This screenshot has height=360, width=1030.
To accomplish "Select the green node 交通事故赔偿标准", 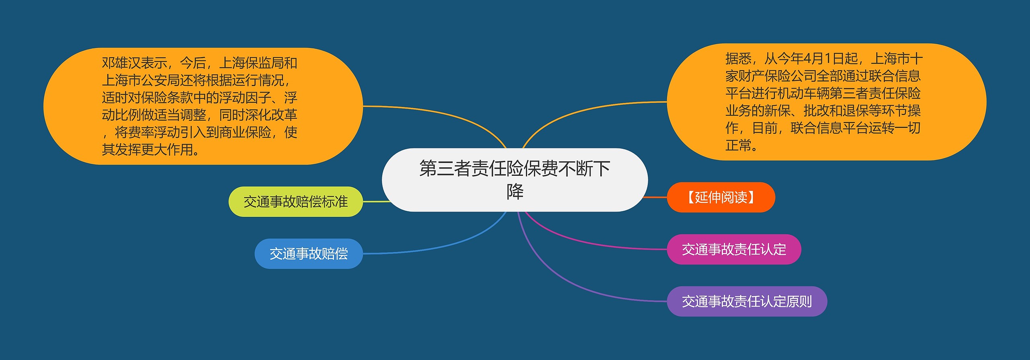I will (295, 202).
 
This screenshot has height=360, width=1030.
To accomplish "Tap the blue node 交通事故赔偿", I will (309, 254).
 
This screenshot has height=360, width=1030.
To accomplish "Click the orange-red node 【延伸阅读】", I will (721, 197).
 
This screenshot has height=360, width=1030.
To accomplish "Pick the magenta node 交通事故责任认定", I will (734, 249).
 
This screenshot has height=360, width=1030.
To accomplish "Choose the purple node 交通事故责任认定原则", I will (747, 301).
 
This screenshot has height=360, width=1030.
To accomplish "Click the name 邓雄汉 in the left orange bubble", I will (121, 63).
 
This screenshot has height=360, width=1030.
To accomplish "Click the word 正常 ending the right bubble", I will (738, 145).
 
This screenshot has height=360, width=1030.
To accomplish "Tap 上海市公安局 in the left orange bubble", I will (140, 80).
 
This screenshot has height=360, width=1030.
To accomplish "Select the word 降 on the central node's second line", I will (515, 192).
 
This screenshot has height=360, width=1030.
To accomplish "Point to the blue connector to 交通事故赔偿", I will (443, 243).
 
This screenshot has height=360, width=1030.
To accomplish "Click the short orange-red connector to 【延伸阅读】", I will (656, 197).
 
